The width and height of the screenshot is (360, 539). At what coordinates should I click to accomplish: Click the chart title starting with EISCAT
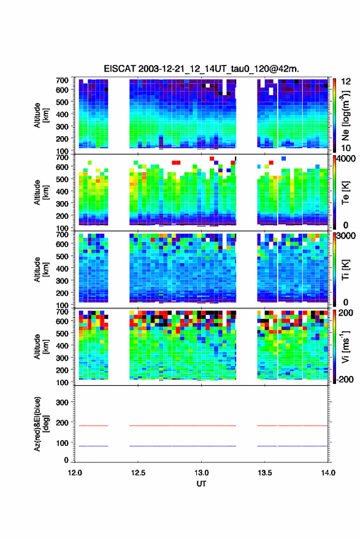[201, 69]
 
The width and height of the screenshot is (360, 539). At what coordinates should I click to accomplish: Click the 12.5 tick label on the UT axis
[138, 473]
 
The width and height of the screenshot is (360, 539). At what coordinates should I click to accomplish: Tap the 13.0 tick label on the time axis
[201, 473]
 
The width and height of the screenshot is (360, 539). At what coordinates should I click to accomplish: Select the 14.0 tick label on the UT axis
[328, 473]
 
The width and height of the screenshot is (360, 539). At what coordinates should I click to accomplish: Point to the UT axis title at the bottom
[201, 484]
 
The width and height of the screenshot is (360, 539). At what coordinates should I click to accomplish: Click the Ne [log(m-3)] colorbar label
[345, 115]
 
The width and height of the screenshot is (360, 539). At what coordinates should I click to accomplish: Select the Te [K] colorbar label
[345, 193]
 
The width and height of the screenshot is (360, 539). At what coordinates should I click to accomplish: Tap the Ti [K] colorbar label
[345, 270]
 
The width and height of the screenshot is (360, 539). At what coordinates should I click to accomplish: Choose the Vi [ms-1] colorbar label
[345, 346]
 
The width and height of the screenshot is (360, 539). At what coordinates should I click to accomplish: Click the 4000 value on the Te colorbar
[346, 159]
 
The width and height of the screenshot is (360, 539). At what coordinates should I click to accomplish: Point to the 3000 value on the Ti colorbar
[346, 236]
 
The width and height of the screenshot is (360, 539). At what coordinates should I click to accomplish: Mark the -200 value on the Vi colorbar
[345, 380]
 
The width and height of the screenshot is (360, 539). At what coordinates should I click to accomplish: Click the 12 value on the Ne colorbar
[346, 82]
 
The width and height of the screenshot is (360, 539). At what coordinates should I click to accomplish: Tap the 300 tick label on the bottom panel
[62, 402]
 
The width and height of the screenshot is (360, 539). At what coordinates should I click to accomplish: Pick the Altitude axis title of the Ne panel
[41, 115]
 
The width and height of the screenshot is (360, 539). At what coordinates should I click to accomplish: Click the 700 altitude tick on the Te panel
[62, 157]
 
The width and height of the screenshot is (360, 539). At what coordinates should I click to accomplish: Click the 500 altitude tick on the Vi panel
[62, 333]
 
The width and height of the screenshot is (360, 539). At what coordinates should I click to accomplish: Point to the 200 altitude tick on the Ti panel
[62, 293]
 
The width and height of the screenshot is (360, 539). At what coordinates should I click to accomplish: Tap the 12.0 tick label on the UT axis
[75, 473]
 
